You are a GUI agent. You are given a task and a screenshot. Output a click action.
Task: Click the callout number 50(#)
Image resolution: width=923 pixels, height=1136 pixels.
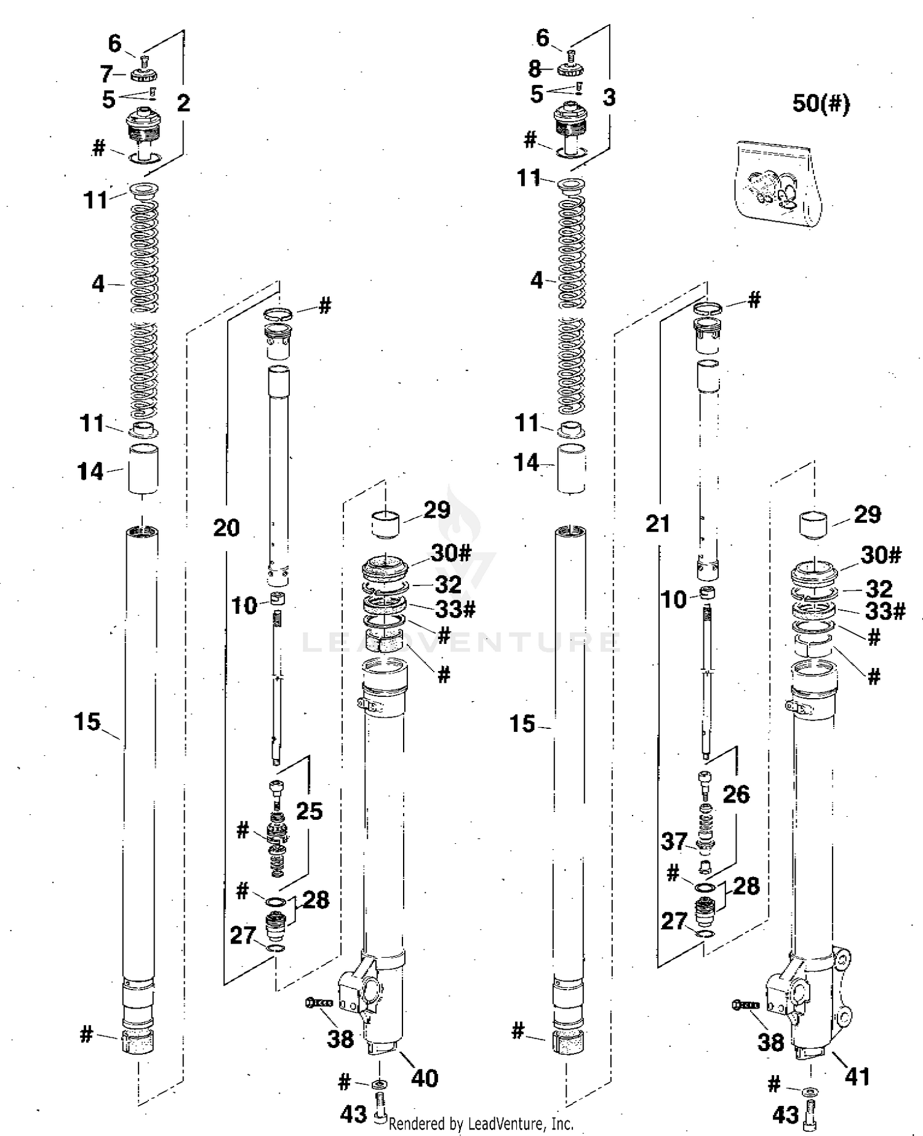coord(820,103)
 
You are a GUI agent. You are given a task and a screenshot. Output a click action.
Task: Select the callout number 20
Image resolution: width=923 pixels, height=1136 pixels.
coord(226,528)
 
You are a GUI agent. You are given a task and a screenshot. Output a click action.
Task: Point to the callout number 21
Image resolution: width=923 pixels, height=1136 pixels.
coord(658,524)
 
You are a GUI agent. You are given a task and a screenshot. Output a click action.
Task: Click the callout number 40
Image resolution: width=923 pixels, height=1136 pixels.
coord(425,1078)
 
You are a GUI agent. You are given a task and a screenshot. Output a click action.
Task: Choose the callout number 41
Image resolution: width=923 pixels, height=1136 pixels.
coord(857,1076)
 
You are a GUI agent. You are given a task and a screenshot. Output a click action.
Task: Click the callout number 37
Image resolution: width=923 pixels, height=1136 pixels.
coord(674,841)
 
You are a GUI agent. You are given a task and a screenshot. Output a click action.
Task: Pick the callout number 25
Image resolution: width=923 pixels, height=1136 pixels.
coord(309,811)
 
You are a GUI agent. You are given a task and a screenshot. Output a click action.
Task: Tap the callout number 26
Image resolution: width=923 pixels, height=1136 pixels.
coord(737,794)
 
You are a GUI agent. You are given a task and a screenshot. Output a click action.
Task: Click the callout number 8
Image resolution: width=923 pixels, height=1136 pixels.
coord(535,68)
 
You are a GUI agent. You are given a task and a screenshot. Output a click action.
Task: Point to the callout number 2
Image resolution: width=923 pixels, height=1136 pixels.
coord(183,103)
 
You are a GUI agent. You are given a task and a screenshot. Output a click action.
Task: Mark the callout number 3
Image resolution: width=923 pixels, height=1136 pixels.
coord(609,97)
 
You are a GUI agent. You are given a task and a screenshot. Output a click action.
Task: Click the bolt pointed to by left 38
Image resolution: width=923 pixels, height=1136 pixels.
coord(318,1003)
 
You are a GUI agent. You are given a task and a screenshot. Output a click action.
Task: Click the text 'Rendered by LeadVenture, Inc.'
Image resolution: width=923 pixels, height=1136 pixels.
coord(481,1124)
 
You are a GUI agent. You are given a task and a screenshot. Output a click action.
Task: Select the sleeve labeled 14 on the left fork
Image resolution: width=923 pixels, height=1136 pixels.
coord(143,469)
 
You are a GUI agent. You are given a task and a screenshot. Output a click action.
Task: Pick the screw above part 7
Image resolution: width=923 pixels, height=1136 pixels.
coord(145,60)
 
